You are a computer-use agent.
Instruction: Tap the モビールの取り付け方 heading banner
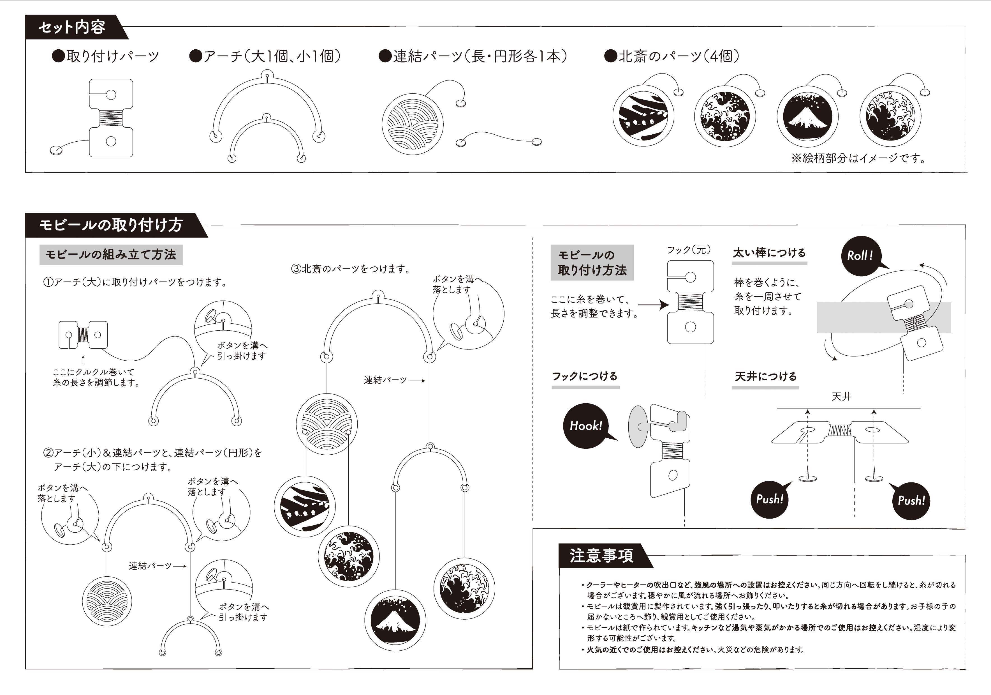coord(111,225)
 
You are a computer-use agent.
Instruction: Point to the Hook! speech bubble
coord(586,426)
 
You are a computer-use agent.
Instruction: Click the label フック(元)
coord(689,250)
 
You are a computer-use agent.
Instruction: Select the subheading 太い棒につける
coord(769,253)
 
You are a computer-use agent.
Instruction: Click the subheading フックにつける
coord(585,376)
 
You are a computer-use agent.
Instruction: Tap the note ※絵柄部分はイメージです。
coord(859,158)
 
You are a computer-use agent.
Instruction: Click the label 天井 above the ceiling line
coord(841,396)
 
